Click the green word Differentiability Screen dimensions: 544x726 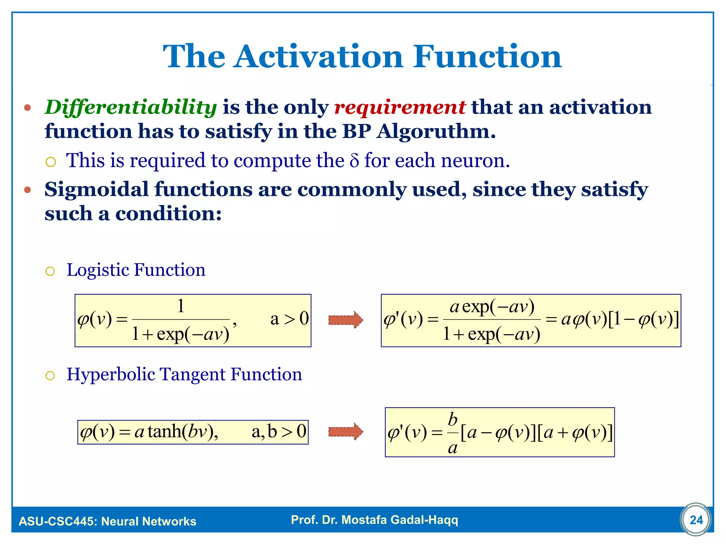click(130, 107)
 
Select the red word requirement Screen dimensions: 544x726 click(400, 107)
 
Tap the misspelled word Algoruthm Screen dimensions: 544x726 click(436, 131)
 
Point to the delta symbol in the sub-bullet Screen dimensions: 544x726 click(354, 161)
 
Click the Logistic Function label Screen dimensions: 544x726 click(136, 270)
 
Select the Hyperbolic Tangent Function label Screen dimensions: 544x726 click(184, 374)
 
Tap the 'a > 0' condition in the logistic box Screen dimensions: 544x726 click(289, 319)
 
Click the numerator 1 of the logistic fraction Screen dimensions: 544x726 click(181, 306)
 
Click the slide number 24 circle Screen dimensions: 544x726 click(696, 520)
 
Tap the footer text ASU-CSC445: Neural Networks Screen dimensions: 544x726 click(107, 521)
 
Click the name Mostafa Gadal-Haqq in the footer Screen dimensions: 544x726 click(400, 520)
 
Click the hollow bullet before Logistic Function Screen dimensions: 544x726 click(50, 271)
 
